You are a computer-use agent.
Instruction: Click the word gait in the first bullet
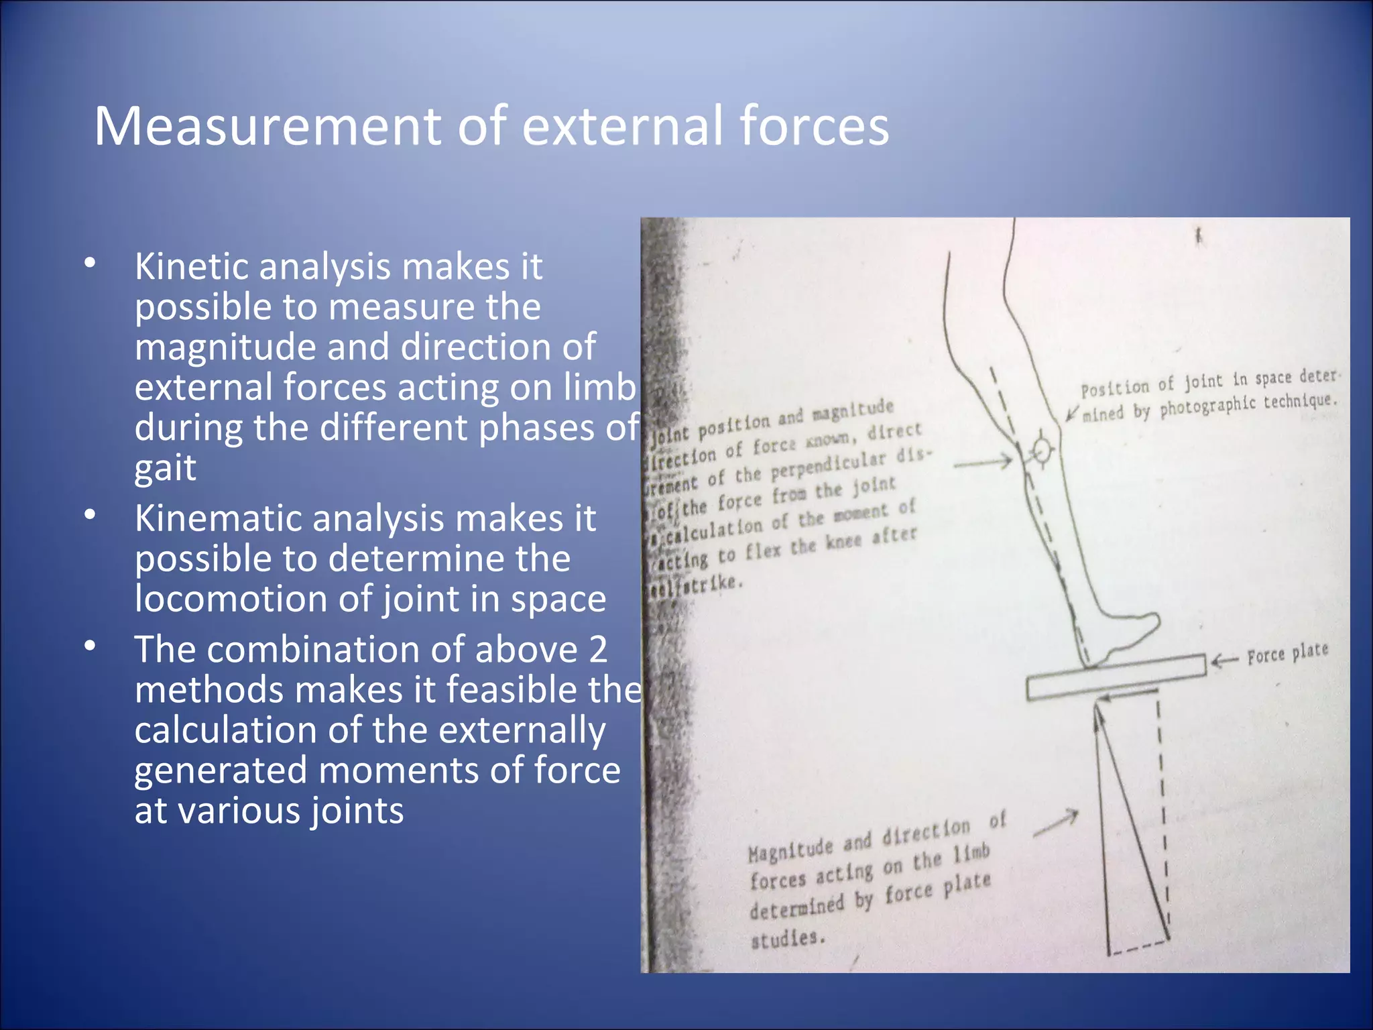[x=165, y=467]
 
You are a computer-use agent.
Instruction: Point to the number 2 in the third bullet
[x=597, y=649]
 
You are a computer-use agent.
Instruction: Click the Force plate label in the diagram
[x=1287, y=653]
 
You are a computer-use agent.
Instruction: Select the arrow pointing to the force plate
[x=1224, y=661]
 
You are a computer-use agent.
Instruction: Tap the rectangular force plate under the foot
[x=1116, y=677]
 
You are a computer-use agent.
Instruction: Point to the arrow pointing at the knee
[x=983, y=462]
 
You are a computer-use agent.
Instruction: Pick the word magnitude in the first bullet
[x=261, y=347]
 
